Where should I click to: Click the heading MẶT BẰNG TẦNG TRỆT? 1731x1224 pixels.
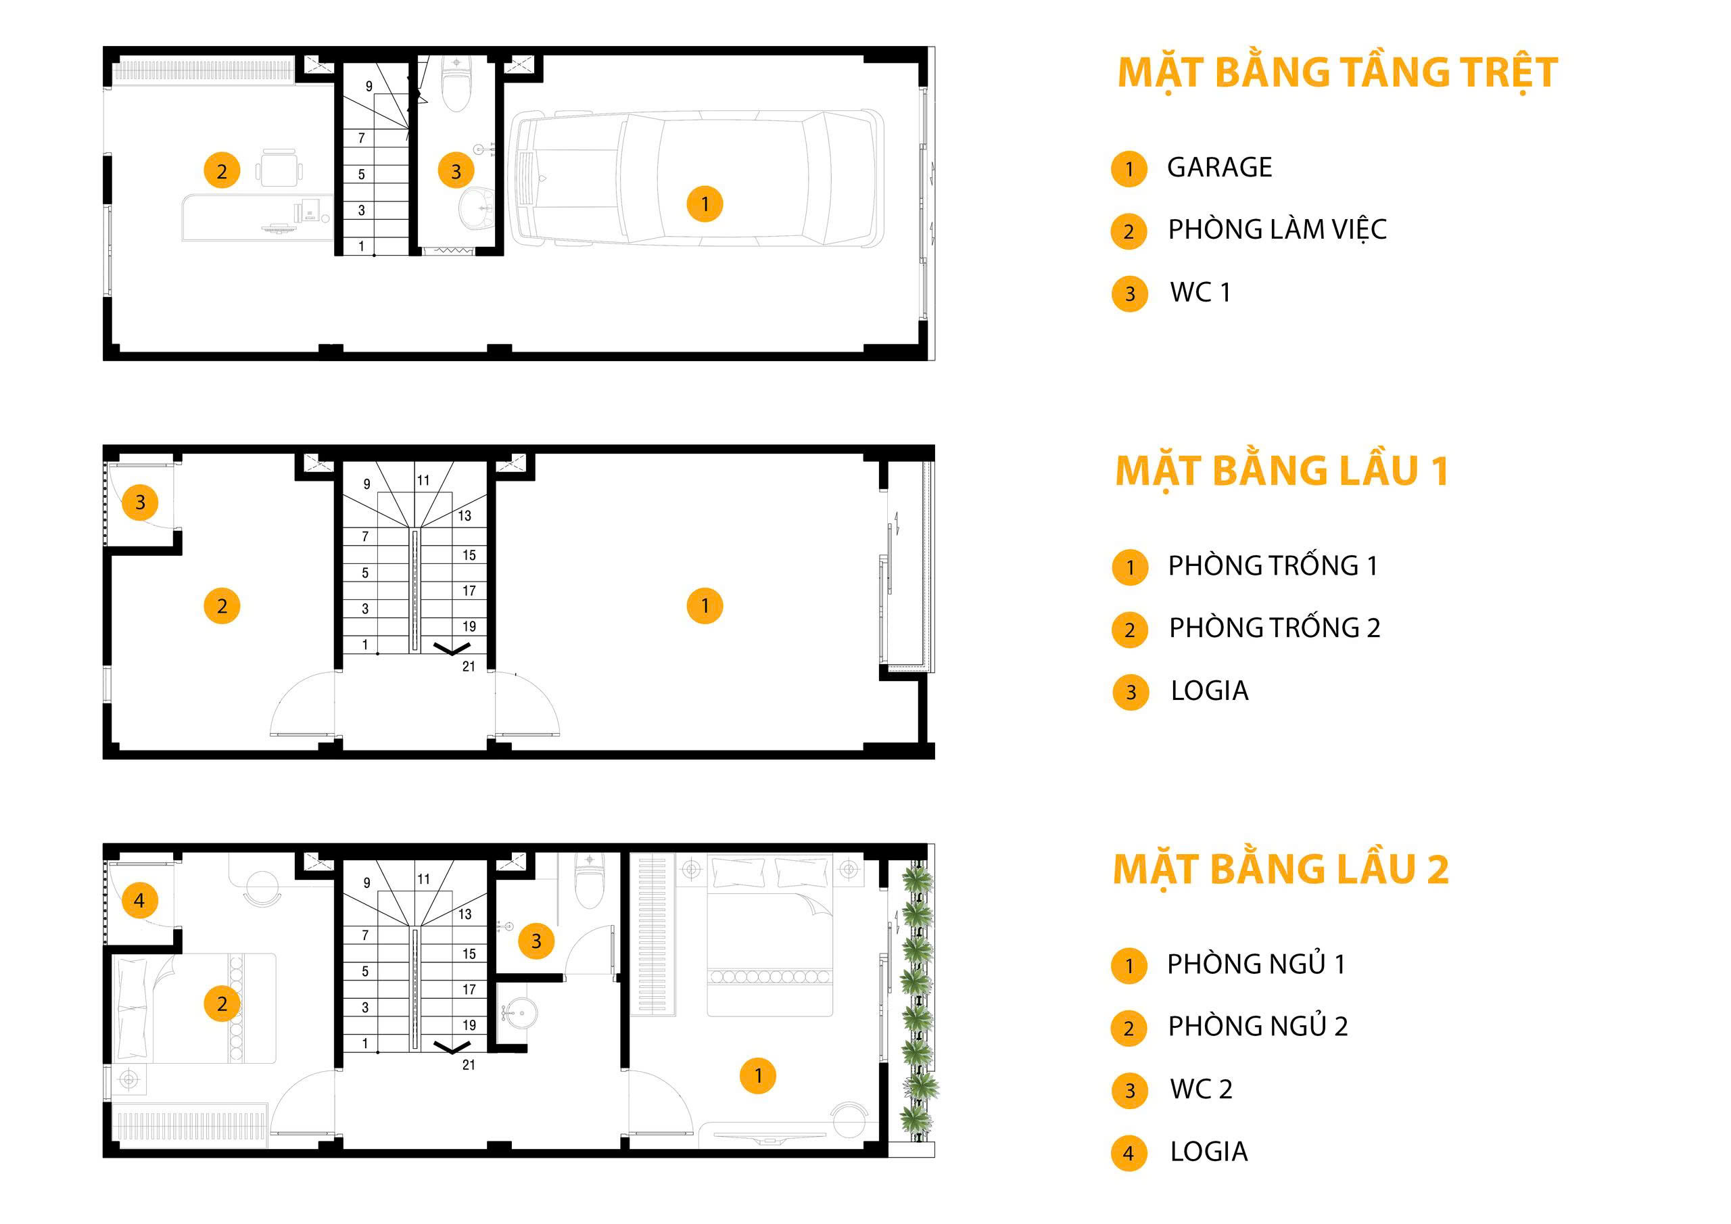point(1337,73)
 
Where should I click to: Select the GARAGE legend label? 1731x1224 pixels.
point(1219,168)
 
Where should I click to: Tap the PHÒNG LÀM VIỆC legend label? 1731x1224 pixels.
point(1277,229)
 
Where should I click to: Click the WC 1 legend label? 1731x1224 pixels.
point(1200,292)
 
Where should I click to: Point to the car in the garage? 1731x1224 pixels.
point(696,178)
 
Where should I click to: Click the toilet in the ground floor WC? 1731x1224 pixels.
point(456,83)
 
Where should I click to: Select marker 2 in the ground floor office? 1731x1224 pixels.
point(222,170)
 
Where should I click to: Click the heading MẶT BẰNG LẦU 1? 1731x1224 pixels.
point(1281,471)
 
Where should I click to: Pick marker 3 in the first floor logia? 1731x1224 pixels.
point(139,502)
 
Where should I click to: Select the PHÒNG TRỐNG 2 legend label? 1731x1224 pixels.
point(1274,628)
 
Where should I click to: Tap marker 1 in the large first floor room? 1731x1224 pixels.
point(705,606)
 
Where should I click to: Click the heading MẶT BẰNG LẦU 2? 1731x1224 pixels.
point(1281,870)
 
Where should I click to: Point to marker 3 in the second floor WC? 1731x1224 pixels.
point(536,941)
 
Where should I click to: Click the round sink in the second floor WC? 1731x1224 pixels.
point(516,1013)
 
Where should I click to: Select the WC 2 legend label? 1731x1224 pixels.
point(1201,1089)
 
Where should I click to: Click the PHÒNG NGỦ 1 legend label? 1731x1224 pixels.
point(1256,964)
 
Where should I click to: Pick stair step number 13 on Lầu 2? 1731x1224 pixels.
point(465,914)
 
